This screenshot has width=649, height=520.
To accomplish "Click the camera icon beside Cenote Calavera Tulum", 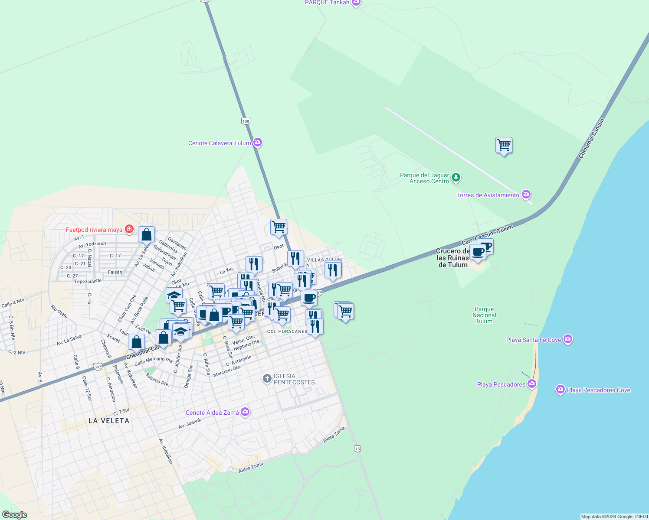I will [x=258, y=143].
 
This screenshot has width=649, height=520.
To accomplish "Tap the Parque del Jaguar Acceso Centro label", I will [x=424, y=178].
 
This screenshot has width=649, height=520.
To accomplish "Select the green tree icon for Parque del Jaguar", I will [x=456, y=177].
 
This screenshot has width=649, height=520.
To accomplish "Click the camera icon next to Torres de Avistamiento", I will [x=526, y=195].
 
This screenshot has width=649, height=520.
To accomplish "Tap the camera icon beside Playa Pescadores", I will [x=532, y=384].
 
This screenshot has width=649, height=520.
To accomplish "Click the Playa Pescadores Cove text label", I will [x=598, y=390].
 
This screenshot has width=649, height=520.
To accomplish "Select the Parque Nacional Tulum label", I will [x=484, y=315].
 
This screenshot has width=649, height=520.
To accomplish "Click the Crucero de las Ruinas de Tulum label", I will [x=453, y=258].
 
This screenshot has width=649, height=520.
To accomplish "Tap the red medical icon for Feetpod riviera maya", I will [x=129, y=229].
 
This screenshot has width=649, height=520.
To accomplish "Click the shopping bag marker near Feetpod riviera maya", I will [x=147, y=235].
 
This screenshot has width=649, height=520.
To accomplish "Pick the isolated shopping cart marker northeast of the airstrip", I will [x=504, y=145].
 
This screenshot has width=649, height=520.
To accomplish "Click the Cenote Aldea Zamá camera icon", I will [x=245, y=412].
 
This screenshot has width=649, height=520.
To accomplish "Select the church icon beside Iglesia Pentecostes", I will [x=267, y=379].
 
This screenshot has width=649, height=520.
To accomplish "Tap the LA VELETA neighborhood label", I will [x=109, y=421].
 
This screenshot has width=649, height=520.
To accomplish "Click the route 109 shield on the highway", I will [x=246, y=121].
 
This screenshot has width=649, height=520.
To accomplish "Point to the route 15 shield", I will [x=357, y=448].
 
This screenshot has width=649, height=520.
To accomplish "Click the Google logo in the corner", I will [x=14, y=514].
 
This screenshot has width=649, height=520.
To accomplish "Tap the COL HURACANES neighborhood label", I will [x=287, y=331].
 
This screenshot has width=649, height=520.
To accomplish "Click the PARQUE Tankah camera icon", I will [x=356, y=3].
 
